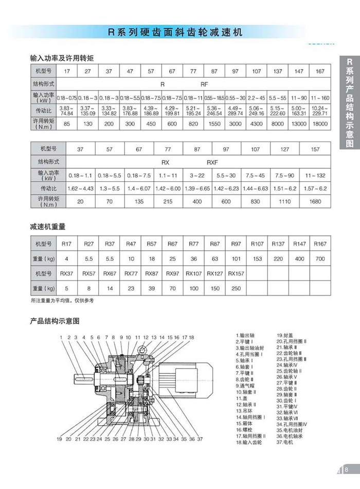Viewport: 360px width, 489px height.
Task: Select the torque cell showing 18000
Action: [x=320, y=124]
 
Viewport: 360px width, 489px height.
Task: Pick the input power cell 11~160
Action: [x=320, y=97]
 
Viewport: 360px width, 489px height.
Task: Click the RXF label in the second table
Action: [x=212, y=162]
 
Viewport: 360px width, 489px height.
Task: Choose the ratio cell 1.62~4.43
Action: [x=80, y=189]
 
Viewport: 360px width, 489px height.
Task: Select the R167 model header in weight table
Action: [x=320, y=243]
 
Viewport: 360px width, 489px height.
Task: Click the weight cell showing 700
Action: [x=320, y=258]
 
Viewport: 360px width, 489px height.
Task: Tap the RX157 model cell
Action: [x=236, y=273]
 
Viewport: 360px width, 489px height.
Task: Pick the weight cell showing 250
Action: [x=236, y=288]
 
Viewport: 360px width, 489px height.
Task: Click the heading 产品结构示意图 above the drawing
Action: [x=55, y=321]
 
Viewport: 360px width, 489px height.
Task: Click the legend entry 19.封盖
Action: [x=285, y=335]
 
